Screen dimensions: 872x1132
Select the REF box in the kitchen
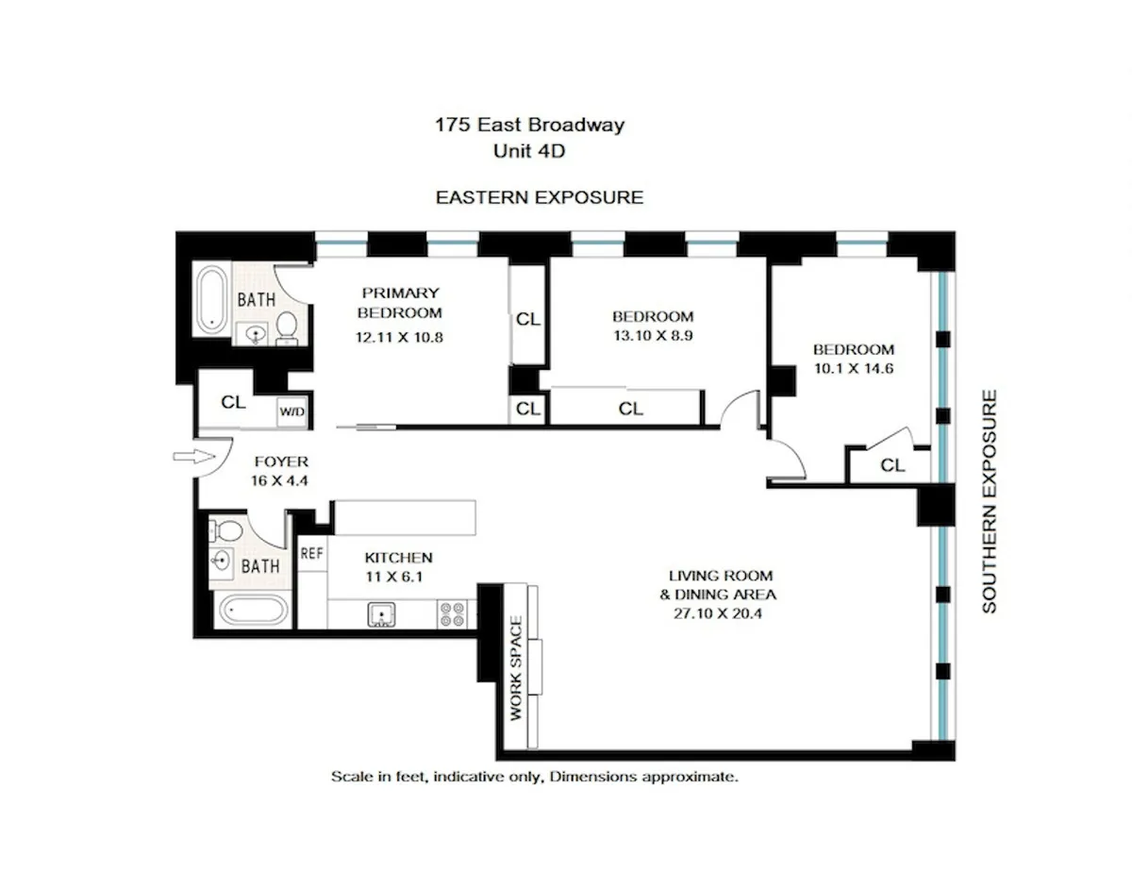(x=311, y=554)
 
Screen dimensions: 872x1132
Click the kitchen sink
(x=381, y=615)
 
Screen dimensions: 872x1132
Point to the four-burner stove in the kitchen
(x=451, y=614)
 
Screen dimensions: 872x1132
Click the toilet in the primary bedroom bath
(x=287, y=328)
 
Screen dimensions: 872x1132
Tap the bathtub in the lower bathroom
(x=250, y=610)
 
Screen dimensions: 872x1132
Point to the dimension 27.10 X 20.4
(x=722, y=613)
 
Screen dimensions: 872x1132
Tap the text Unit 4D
(x=529, y=149)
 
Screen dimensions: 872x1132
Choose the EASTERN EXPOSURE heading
(x=539, y=197)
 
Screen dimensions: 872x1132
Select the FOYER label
(x=282, y=461)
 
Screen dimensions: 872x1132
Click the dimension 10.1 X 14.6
(x=854, y=368)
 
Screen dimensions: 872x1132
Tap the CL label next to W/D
(x=233, y=402)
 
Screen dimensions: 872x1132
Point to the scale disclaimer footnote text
(x=533, y=778)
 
